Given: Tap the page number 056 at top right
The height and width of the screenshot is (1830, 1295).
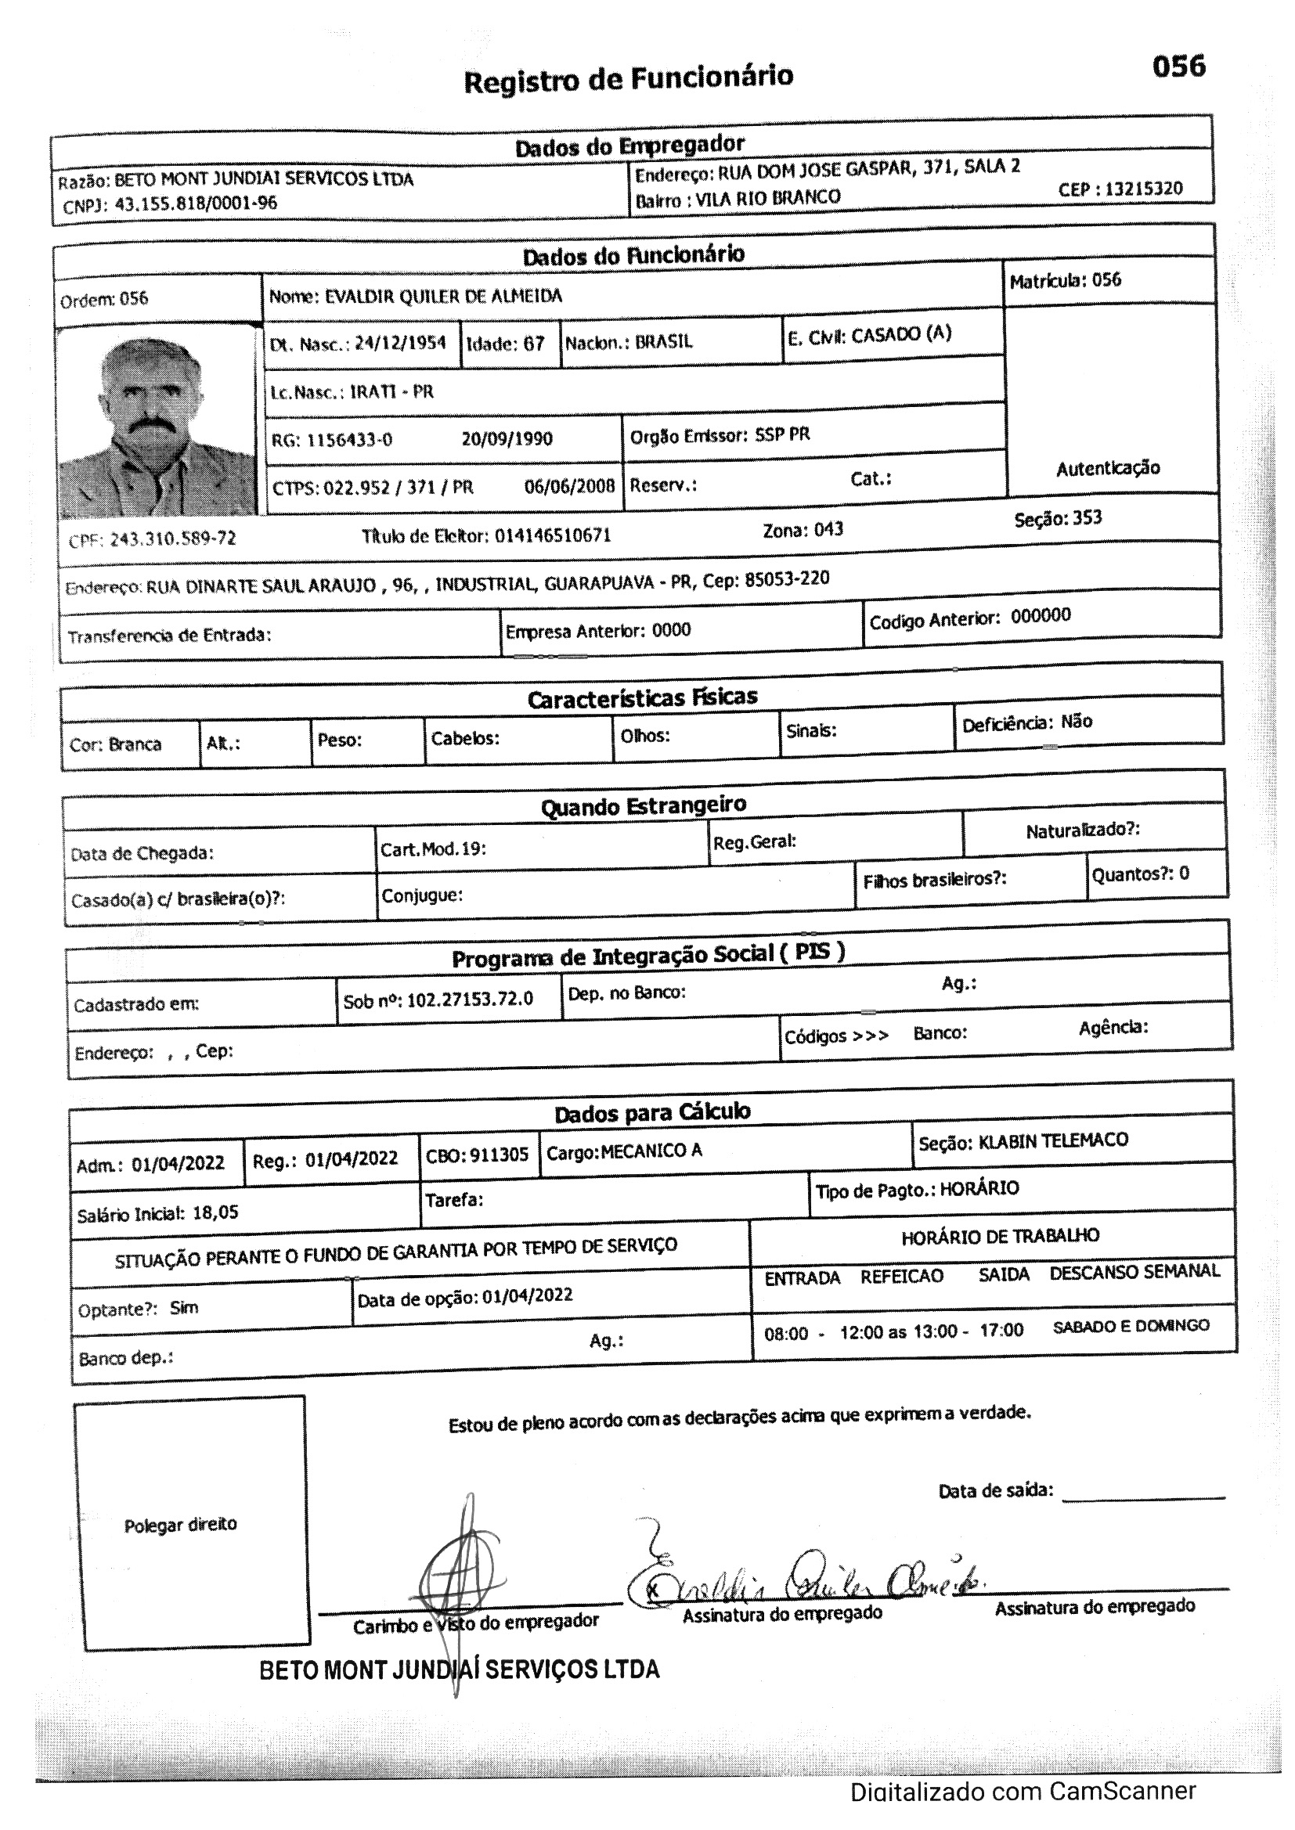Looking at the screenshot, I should click(x=1178, y=67).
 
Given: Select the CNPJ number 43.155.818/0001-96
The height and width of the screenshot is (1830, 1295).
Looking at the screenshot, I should click(x=197, y=204).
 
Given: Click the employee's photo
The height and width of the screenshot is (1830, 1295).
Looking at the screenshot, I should click(x=157, y=423).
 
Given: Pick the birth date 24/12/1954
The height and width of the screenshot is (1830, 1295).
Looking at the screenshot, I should click(x=400, y=344).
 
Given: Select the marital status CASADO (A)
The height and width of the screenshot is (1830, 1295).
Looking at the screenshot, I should click(x=901, y=334).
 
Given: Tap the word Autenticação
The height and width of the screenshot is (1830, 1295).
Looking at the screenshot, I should click(x=1108, y=469).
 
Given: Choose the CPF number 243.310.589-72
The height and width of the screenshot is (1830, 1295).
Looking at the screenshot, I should click(x=172, y=539).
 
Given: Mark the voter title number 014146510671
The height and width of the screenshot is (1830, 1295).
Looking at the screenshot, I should click(x=553, y=535).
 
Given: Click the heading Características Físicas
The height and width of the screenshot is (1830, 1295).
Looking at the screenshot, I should click(x=642, y=698).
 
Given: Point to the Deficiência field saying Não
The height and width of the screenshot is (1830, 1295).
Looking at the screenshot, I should click(x=1076, y=722).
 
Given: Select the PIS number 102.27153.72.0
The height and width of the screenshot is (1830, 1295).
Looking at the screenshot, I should click(x=470, y=1000).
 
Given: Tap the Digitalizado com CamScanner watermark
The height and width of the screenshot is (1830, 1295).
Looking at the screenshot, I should click(x=1023, y=1792).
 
